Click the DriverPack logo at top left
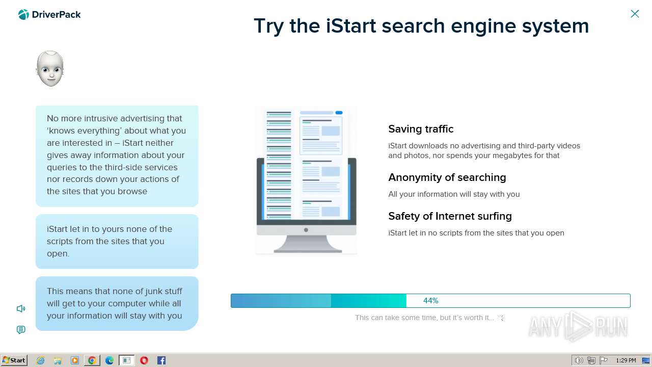click(x=49, y=15)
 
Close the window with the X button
click(x=635, y=14)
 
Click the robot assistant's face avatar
click(x=50, y=68)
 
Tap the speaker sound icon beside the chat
click(x=21, y=308)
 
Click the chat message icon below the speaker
click(x=21, y=330)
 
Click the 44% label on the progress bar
click(x=430, y=301)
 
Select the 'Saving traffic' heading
click(x=421, y=129)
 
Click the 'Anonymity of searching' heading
click(x=447, y=177)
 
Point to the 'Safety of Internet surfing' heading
click(x=450, y=216)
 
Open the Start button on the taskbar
click(x=14, y=360)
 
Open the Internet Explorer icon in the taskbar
click(x=40, y=360)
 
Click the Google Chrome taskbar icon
click(x=92, y=360)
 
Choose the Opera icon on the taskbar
click(x=144, y=360)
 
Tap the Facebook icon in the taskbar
click(x=161, y=360)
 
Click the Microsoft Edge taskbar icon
click(x=110, y=360)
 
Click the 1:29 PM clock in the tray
click(x=626, y=360)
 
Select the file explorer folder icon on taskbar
click(x=58, y=360)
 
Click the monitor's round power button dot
click(x=306, y=230)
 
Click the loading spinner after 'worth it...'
click(x=501, y=318)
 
